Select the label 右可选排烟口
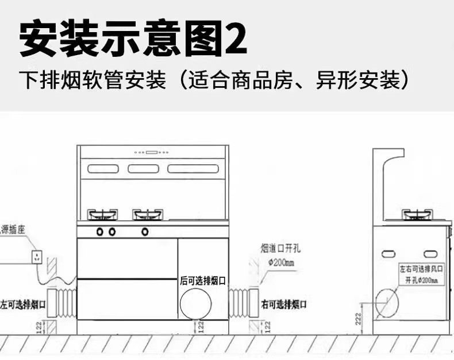284,304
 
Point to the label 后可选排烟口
203,280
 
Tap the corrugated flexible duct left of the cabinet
63,304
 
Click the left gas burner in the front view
103,215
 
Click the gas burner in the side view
417,215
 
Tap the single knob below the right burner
145,232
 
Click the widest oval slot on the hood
193,169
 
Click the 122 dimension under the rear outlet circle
201,327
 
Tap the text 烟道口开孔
280,249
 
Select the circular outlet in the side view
386,302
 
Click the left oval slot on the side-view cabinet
388,253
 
